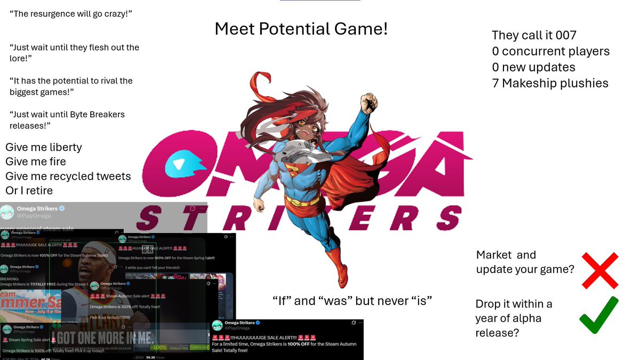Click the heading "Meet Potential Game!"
[x=301, y=29]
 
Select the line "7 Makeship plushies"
[x=550, y=83]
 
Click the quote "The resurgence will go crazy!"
[x=70, y=13]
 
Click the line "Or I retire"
[x=29, y=190]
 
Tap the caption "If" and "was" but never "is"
[x=351, y=301]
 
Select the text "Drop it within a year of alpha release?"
[x=514, y=318]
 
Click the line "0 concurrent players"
[x=550, y=51]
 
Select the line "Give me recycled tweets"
[x=68, y=176]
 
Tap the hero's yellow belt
[x=302, y=201]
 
